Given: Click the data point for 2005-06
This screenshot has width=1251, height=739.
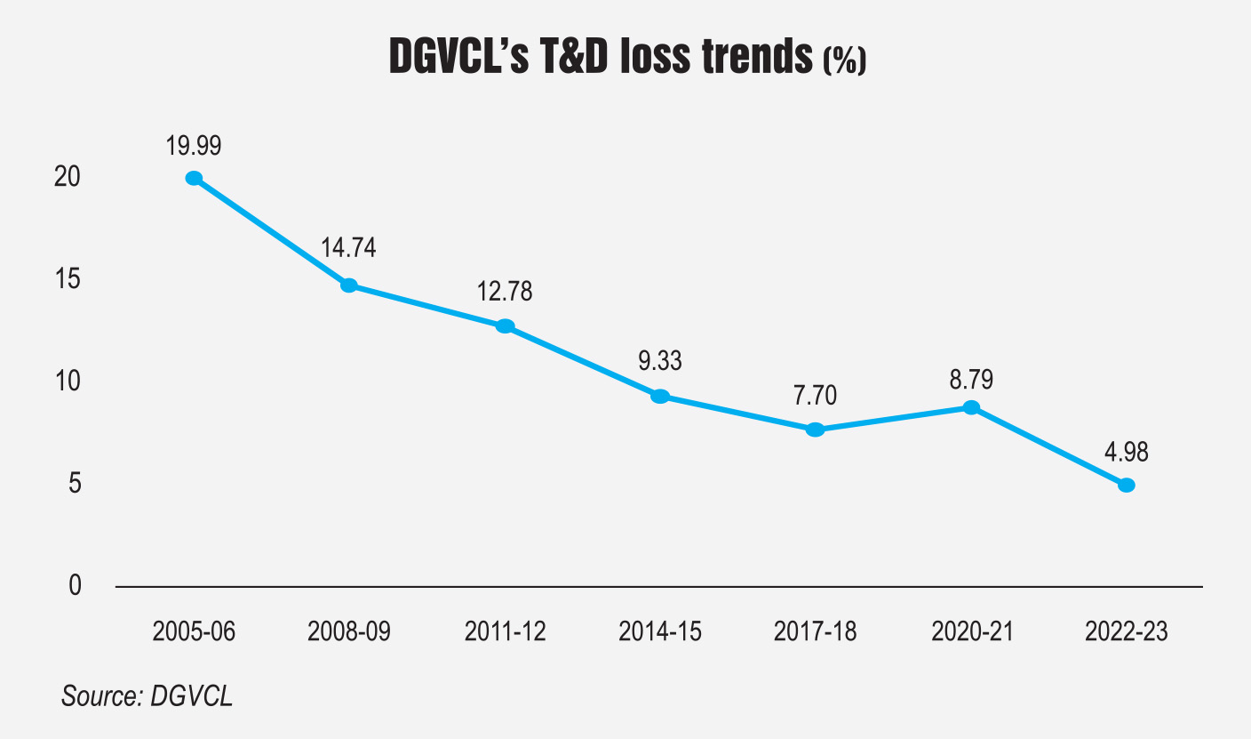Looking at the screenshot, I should tap(194, 178).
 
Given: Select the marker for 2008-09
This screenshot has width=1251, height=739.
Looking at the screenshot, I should tap(349, 285).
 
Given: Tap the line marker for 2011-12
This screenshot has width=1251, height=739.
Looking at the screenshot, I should tap(505, 326).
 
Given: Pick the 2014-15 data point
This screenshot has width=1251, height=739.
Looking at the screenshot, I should tap(659, 397).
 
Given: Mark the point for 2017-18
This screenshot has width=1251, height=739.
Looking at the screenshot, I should tap(816, 430).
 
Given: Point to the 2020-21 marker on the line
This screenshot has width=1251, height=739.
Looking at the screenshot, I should tap(971, 408).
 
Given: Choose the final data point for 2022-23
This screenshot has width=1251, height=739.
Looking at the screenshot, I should tap(1127, 486).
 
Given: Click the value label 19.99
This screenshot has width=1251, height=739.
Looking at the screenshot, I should tap(193, 146).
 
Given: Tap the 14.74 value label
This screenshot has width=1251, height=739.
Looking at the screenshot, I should tap(348, 247).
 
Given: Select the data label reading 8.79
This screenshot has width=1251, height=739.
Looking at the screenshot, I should tap(970, 379).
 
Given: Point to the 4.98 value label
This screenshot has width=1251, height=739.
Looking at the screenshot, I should tap(1126, 452).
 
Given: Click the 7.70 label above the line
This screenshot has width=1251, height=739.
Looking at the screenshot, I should tap(815, 395).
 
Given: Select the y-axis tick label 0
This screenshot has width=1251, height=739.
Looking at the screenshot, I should tap(75, 586).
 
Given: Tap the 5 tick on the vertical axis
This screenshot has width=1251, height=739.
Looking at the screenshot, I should tap(75, 484).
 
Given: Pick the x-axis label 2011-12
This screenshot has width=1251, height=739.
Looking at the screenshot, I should tap(505, 632).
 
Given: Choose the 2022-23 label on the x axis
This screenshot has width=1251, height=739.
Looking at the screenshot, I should tap(1126, 632).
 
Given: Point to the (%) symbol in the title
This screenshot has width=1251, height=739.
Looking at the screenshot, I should tap(844, 61).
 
